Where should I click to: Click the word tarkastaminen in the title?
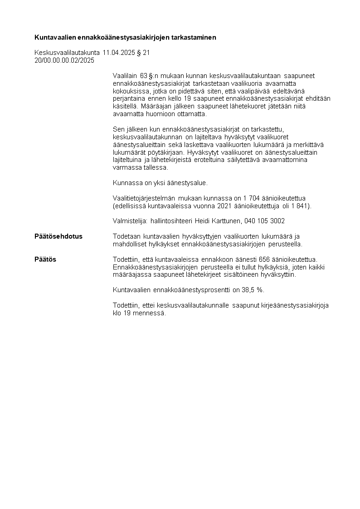point(194,37)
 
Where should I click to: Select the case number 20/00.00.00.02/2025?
point(64,60)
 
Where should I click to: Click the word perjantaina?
point(128,99)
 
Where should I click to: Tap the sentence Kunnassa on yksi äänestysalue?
point(160,183)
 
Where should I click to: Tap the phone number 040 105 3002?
point(265,221)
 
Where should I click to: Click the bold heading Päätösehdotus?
point(58,236)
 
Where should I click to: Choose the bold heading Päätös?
point(45,259)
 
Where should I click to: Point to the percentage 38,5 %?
point(254,290)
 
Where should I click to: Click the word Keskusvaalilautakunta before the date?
point(67,53)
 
